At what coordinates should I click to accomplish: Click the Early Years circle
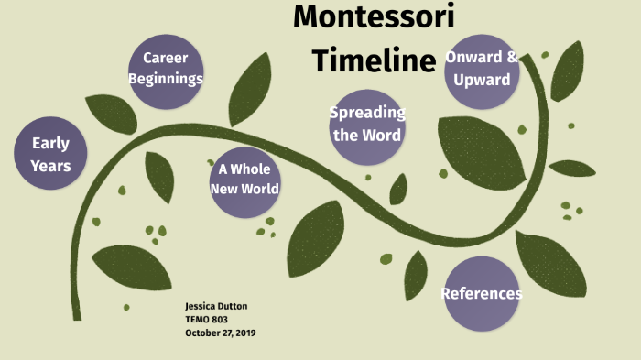click(50, 154)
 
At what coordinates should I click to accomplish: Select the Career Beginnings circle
click(165, 69)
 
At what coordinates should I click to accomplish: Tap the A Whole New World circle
click(244, 179)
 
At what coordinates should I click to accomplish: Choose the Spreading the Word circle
click(367, 125)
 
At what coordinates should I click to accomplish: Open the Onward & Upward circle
click(482, 69)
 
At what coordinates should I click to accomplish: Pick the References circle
click(481, 294)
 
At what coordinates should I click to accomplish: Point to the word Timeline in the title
click(374, 60)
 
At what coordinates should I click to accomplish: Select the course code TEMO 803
click(206, 320)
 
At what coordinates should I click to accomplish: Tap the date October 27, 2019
click(220, 333)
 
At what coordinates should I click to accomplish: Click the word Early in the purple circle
click(50, 143)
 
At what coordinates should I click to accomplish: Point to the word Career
click(165, 59)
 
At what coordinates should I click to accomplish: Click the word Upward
click(482, 80)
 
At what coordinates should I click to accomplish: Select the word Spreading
click(367, 113)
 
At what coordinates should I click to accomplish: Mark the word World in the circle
click(257, 189)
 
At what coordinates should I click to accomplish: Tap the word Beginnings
click(165, 79)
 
